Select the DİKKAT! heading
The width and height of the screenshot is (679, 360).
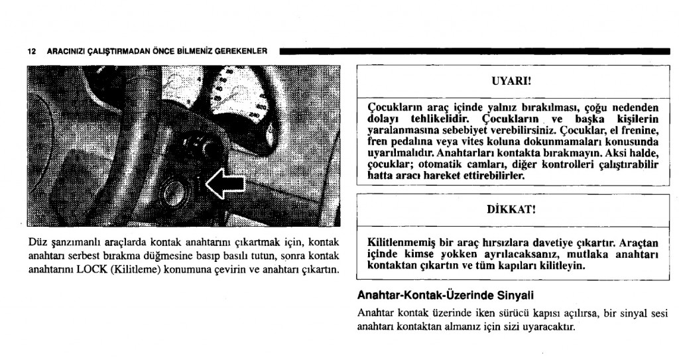(511, 210)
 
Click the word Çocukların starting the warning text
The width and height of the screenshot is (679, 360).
(397, 106)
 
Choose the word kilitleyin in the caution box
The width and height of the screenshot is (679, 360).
(562, 266)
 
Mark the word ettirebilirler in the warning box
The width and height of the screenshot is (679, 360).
(475, 177)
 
